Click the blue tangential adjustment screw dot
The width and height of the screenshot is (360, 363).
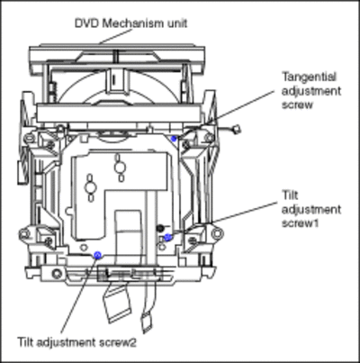tap(174, 139)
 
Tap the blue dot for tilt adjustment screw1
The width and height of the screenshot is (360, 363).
tap(167, 237)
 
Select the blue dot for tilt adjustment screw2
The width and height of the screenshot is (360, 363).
tap(97, 255)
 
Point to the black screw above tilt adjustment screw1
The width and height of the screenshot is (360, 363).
tap(160, 228)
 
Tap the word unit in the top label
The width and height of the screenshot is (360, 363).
tap(176, 23)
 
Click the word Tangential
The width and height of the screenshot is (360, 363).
tap(310, 77)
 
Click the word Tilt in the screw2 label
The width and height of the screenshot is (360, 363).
tap(25, 342)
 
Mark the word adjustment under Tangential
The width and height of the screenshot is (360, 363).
tap(311, 91)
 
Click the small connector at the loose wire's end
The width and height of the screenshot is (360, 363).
tap(237, 129)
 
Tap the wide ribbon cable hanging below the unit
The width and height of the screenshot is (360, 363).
tap(118, 304)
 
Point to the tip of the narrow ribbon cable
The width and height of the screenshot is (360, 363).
tap(147, 330)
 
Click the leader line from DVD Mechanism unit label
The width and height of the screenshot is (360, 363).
tap(115, 36)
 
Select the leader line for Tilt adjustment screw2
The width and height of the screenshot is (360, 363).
tap(79, 295)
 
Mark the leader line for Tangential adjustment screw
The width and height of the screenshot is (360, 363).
tap(226, 113)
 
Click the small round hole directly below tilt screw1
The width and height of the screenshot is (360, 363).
tap(162, 247)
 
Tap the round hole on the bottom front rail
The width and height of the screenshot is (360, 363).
tap(57, 274)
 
